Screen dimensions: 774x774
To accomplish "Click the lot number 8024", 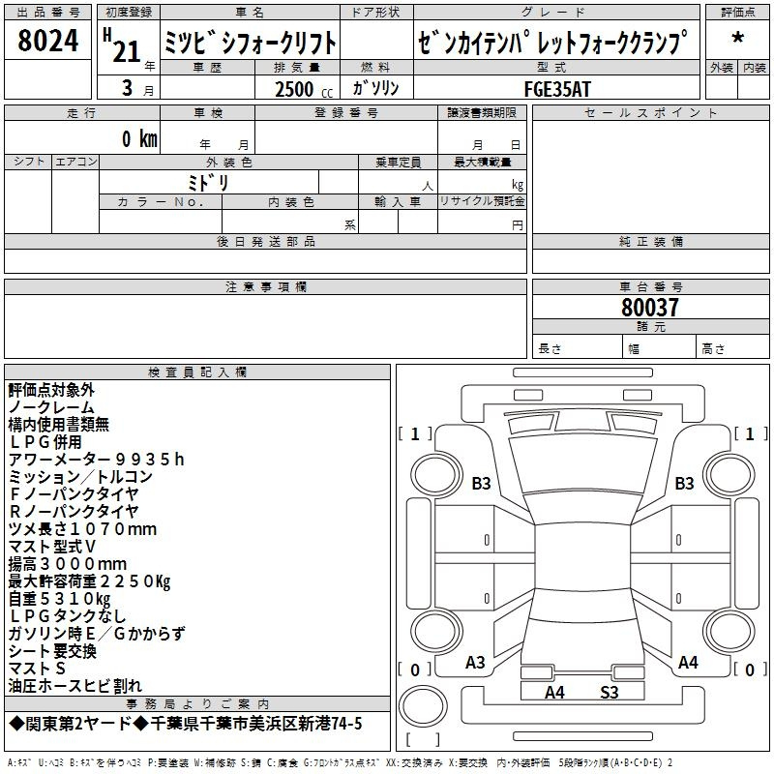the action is [x=47, y=41].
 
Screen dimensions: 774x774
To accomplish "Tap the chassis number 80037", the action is [x=649, y=307].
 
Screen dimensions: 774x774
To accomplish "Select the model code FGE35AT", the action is [x=557, y=89].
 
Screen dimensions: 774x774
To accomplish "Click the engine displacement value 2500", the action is [x=294, y=89].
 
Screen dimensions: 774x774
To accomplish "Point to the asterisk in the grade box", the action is [x=737, y=38].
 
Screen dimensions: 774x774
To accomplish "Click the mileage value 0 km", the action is [x=139, y=138].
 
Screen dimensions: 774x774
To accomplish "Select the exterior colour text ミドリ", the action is [x=208, y=182].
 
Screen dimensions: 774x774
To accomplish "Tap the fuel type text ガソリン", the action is [x=375, y=88].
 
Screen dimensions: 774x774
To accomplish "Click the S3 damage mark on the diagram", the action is [x=610, y=693].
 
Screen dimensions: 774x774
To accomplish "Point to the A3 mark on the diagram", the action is [x=475, y=663].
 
